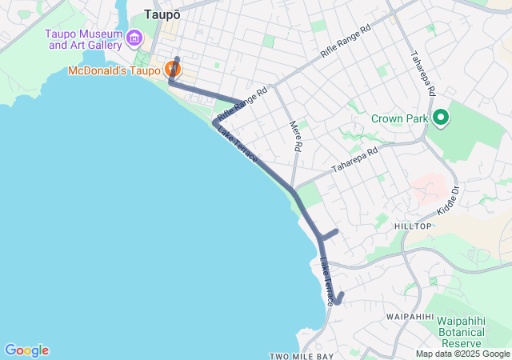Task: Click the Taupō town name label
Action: pos(162,14)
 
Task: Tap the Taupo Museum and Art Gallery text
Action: pos(83,39)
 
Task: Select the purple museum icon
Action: pos(134,38)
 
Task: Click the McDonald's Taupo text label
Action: pos(114,70)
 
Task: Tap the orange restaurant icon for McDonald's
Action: pos(171,69)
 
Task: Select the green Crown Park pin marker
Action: pos(440,119)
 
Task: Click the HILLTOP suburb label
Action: pos(413,226)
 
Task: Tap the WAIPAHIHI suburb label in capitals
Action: pos(410,317)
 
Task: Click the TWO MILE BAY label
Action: pos(301,356)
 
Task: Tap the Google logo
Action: pos(26,350)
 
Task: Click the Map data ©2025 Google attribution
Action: pos(462,354)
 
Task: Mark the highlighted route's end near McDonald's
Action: pos(177,59)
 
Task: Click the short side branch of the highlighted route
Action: pos(330,233)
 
